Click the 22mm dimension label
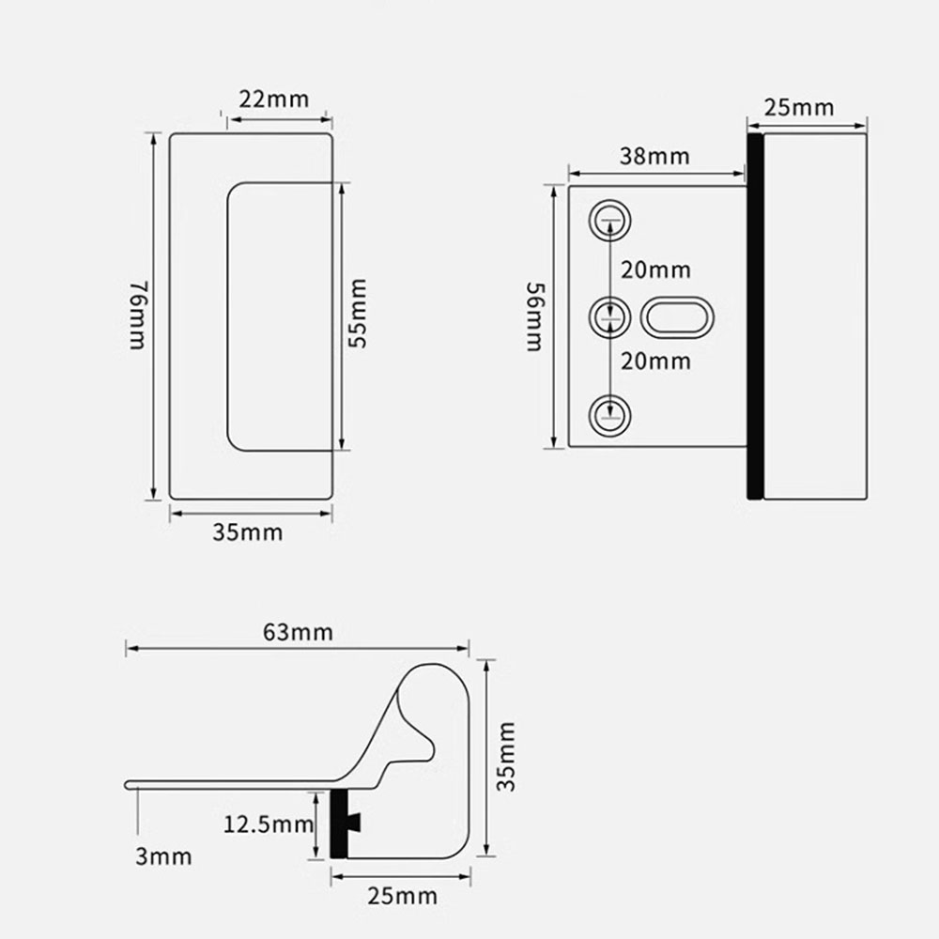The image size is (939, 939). click(x=274, y=100)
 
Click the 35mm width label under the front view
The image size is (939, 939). click(x=247, y=533)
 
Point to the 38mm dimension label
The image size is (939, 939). click(x=654, y=156)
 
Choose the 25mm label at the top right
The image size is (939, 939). click(x=798, y=107)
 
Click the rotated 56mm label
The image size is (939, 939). click(x=533, y=316)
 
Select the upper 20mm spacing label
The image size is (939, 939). click(x=655, y=270)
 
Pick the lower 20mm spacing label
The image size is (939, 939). click(x=655, y=362)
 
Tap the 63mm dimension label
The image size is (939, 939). click(x=298, y=632)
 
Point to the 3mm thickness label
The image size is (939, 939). click(x=164, y=856)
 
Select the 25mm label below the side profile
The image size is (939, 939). click(x=402, y=896)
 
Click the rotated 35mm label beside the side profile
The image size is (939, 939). click(x=506, y=757)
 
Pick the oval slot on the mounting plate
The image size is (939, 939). click(x=676, y=318)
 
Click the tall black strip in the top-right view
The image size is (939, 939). click(x=754, y=316)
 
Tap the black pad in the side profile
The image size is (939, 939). click(x=340, y=824)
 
